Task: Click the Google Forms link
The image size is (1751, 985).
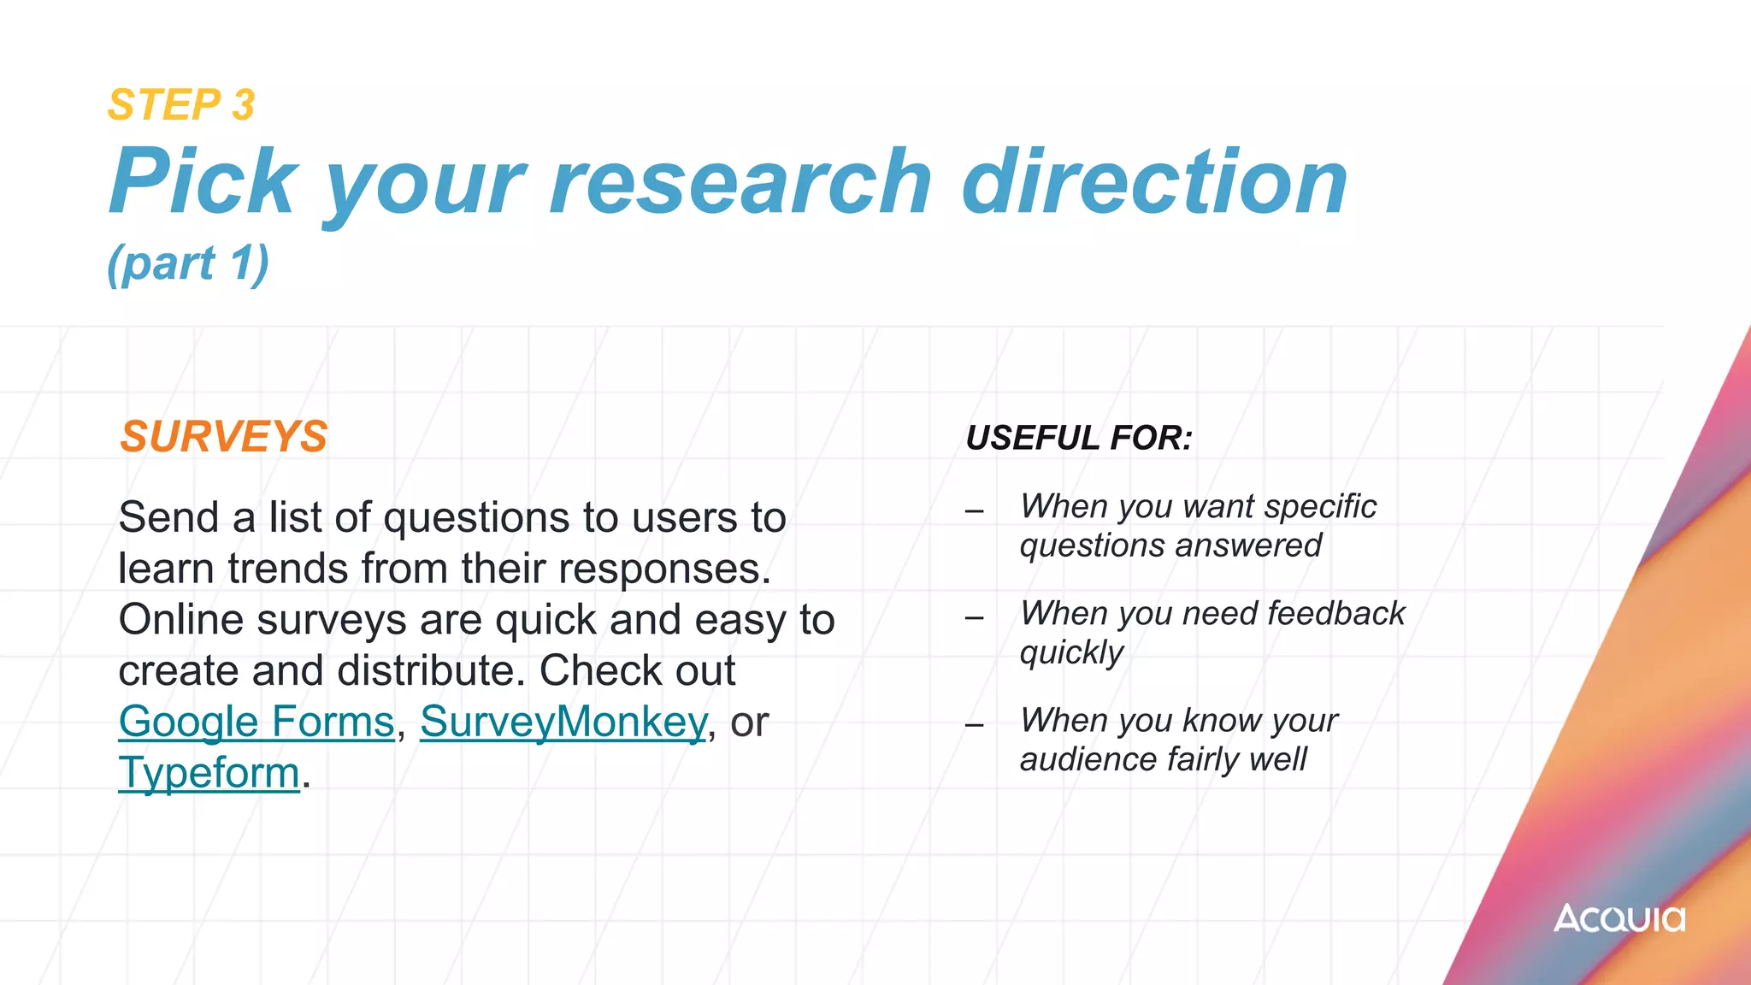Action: [256, 722]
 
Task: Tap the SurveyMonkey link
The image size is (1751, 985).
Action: [563, 722]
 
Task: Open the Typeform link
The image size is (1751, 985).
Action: [209, 773]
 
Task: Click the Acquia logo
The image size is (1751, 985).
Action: [1618, 919]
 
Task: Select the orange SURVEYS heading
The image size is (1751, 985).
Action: [223, 437]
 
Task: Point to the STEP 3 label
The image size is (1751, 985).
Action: [181, 105]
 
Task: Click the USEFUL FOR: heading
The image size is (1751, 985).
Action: [1079, 438]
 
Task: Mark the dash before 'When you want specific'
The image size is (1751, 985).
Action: [975, 511]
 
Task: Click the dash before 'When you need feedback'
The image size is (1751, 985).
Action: [975, 618]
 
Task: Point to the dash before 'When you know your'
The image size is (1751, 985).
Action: [975, 725]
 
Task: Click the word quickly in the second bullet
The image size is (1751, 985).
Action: [1071, 653]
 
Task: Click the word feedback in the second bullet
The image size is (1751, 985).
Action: [1335, 614]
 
